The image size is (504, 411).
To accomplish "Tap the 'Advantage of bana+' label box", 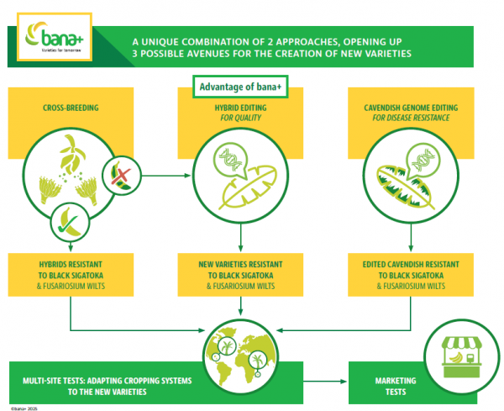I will (x=239, y=87).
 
